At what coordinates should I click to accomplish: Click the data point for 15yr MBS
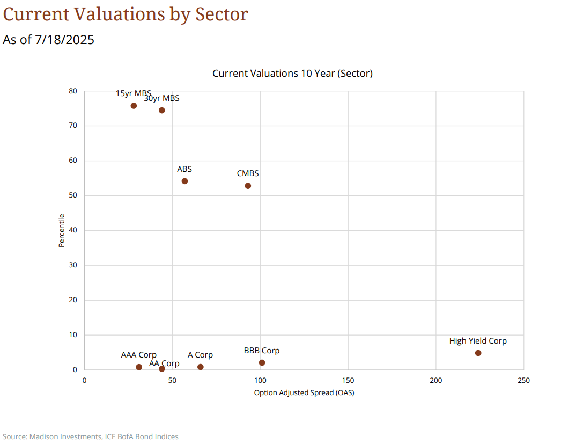(134, 106)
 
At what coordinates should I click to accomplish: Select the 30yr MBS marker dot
(161, 110)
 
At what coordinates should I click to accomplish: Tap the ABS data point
(184, 181)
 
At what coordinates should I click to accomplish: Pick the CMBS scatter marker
(248, 186)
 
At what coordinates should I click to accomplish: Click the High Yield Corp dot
(478, 353)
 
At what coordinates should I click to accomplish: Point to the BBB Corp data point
(262, 362)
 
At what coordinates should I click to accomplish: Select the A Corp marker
(200, 367)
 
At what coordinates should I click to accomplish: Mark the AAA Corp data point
(139, 367)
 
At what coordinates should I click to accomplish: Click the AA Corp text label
(164, 363)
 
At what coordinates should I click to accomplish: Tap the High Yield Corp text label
(478, 341)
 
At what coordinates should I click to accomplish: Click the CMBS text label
(248, 173)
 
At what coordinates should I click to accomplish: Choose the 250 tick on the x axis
(523, 380)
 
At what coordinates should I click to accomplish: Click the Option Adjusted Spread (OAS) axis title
(304, 392)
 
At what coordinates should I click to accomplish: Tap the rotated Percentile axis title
(62, 230)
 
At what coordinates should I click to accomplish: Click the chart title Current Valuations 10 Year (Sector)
(292, 74)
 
